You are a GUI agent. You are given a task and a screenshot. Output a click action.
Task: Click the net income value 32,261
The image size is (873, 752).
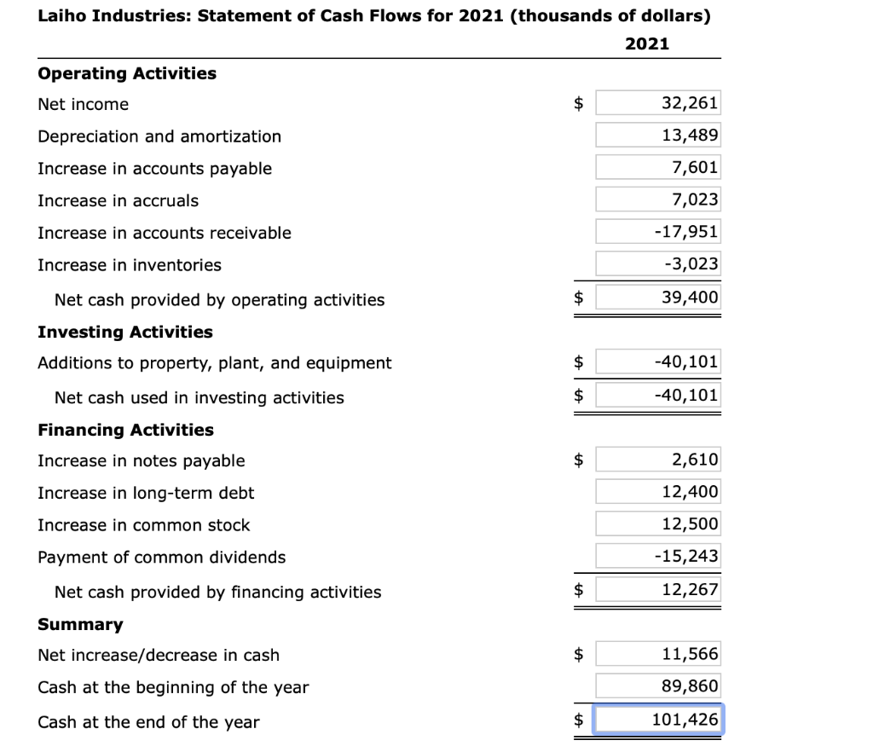coord(657,104)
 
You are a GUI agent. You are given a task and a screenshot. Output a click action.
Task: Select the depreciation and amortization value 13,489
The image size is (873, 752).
coord(657,136)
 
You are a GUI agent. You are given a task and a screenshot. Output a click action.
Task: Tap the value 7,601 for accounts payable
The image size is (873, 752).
coord(657,168)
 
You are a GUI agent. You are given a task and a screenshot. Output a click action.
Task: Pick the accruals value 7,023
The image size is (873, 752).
coord(657,200)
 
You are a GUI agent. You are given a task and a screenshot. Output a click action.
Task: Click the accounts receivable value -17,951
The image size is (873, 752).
coord(657,232)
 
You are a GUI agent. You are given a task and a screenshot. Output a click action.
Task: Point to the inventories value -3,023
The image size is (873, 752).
coord(657,264)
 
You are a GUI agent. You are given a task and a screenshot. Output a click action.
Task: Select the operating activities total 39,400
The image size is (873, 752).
coord(657,297)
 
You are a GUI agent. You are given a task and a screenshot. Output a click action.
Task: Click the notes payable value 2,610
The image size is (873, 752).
coord(657,460)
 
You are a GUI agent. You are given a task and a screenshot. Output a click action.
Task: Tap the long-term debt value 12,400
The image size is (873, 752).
coord(657,492)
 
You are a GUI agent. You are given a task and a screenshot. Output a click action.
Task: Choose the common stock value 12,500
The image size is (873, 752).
coord(657,524)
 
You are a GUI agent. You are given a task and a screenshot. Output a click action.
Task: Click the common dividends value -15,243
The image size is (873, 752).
coord(657,557)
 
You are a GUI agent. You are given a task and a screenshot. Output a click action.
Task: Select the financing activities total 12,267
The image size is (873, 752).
coord(657,589)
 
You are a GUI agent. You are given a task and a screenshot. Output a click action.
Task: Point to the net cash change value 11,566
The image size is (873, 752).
coord(657,655)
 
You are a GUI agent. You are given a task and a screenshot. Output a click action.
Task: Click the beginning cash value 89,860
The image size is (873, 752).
coord(657,686)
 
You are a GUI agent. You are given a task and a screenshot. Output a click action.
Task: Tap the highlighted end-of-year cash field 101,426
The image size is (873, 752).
coord(657,719)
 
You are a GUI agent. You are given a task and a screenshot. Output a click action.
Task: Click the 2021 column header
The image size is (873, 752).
coord(647,43)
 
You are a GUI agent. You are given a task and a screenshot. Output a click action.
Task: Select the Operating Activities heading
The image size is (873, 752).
coord(127,73)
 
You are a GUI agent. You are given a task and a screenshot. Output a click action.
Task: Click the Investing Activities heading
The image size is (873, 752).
coord(125,332)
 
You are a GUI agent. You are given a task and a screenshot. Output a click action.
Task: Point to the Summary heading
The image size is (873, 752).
coord(80,624)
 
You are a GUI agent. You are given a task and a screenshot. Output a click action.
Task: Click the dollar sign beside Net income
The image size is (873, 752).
coord(579,105)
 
